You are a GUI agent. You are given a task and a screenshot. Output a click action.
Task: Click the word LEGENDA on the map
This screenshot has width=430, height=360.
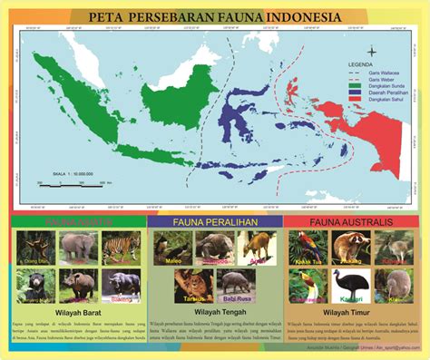pyautogui.click(x=368, y=65)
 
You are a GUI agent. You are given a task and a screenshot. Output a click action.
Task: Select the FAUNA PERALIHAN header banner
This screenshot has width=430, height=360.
pyautogui.click(x=214, y=221)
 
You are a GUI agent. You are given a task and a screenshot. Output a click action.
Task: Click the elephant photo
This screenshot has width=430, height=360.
pyautogui.click(x=78, y=246)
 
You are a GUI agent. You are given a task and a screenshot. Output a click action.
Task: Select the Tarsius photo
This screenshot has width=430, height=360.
pyautogui.click(x=192, y=283)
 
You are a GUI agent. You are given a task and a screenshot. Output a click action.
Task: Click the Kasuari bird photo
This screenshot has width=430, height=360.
pyautogui.click(x=349, y=284)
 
